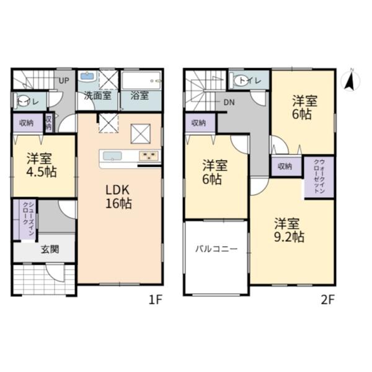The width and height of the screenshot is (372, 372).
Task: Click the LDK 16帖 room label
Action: [x=118, y=197]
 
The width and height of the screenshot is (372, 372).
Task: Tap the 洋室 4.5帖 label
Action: [x=42, y=165]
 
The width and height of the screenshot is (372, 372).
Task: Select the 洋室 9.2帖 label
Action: [x=289, y=230]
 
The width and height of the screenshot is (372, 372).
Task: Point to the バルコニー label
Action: [x=216, y=249]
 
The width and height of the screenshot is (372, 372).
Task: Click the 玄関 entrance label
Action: [x=50, y=249]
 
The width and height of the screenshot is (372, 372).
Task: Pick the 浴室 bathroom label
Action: [x=139, y=95]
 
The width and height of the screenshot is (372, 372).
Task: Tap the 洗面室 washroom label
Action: [x=97, y=95]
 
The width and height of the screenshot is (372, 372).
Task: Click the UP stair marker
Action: [x=64, y=81]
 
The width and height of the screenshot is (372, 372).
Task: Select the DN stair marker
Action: [x=229, y=102]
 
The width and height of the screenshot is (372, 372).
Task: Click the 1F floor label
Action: [x=155, y=301]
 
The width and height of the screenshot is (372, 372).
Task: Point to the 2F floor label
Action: [x=327, y=301]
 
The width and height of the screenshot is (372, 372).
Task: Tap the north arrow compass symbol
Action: [x=350, y=80]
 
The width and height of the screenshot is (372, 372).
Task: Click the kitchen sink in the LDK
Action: [x=112, y=156]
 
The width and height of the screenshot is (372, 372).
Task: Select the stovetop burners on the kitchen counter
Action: [x=149, y=156]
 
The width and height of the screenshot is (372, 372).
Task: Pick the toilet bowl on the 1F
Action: [x=22, y=101]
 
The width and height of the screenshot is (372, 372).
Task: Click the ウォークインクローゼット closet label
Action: [x=319, y=176]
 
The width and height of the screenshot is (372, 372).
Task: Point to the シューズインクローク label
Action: [x=29, y=218]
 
